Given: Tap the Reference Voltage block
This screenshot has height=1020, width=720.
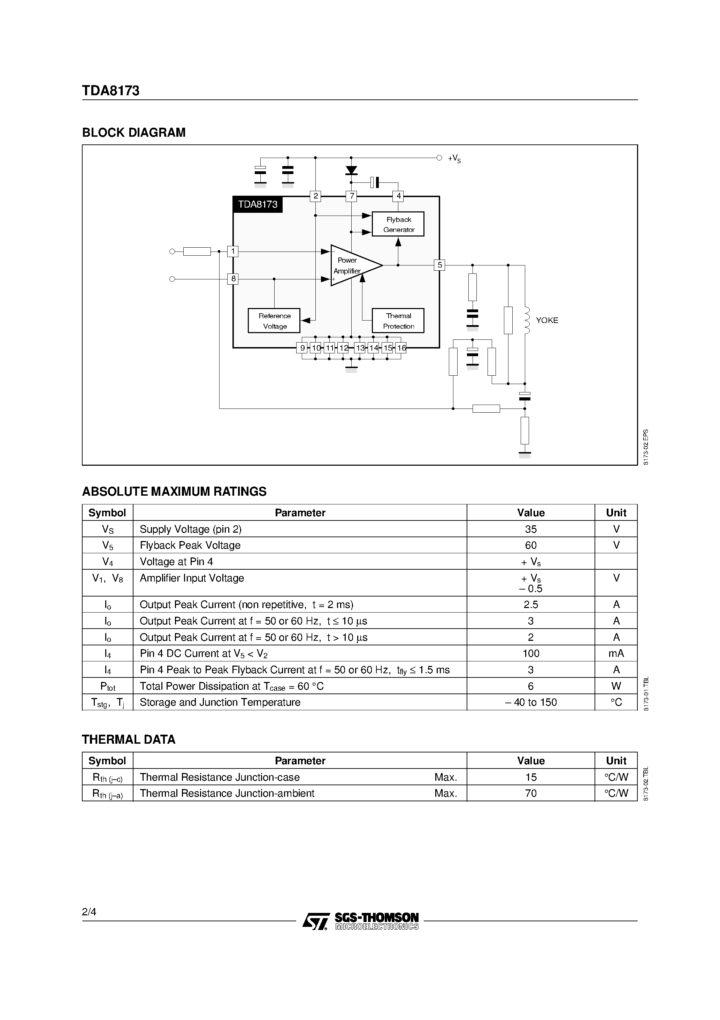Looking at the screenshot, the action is click(x=274, y=321).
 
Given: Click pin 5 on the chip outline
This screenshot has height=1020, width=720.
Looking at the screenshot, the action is click(x=439, y=265).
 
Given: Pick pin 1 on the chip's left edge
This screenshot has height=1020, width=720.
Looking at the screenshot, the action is click(x=232, y=252).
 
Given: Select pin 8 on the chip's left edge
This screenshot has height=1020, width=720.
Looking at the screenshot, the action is click(x=232, y=279).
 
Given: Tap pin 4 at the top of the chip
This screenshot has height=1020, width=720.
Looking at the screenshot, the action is click(x=398, y=196).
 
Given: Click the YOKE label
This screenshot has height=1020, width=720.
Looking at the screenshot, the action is click(x=547, y=320).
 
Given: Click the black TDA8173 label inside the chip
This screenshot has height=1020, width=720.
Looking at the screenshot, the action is click(x=258, y=204).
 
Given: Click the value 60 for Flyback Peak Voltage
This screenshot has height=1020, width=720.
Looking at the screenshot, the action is click(x=530, y=545).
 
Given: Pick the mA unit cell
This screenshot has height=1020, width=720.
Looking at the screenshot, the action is click(x=616, y=653).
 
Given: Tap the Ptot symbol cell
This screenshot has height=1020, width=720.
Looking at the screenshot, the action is click(x=107, y=687).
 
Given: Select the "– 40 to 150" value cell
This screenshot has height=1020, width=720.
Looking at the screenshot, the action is click(x=530, y=702).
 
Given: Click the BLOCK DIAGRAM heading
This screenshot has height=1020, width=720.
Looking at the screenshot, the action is click(x=133, y=133).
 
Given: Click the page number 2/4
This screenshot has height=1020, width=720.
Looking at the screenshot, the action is click(x=89, y=912).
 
